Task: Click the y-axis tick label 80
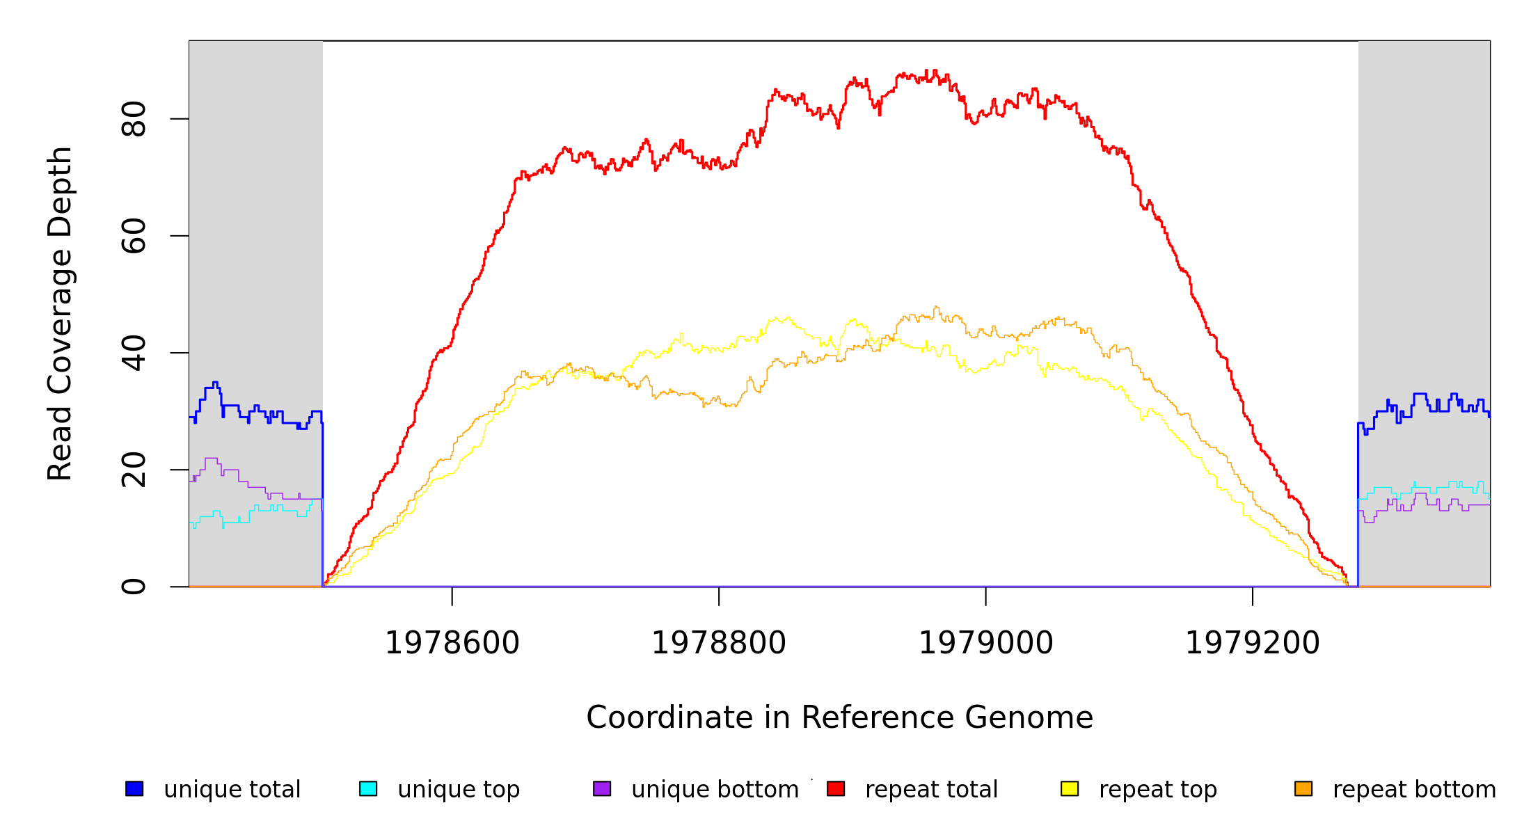[134, 119]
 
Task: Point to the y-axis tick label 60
[134, 236]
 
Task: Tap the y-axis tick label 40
[134, 353]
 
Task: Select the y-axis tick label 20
[134, 470]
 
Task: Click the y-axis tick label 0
[134, 587]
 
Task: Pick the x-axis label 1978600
[452, 643]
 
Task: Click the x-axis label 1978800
[719, 643]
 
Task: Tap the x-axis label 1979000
[986, 643]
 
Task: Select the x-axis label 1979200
[1253, 643]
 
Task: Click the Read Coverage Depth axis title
[60, 313]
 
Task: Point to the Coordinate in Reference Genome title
[839, 717]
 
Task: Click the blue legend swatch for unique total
[134, 788]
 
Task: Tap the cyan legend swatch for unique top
[368, 788]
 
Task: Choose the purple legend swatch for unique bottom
[602, 788]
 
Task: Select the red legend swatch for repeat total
[836, 788]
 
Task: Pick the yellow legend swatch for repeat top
[1070, 788]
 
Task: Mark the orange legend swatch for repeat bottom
[1303, 788]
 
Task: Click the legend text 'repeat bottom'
[1414, 790]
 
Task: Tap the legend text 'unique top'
[459, 790]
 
